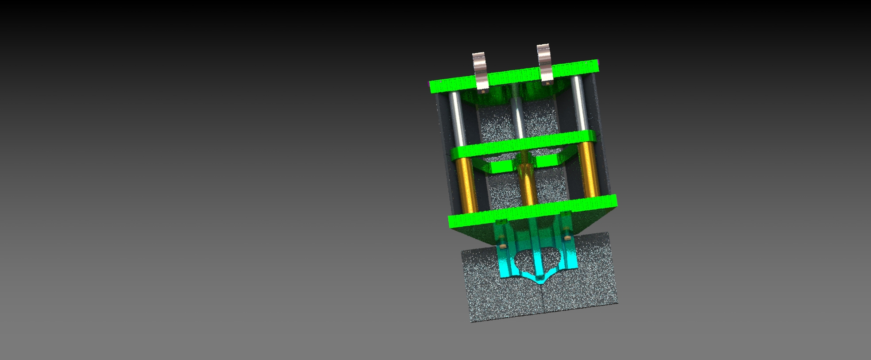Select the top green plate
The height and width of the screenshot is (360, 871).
click(513, 77)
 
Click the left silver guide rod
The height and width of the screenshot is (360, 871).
click(458, 120)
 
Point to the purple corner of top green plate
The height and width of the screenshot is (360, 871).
click(597, 62)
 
